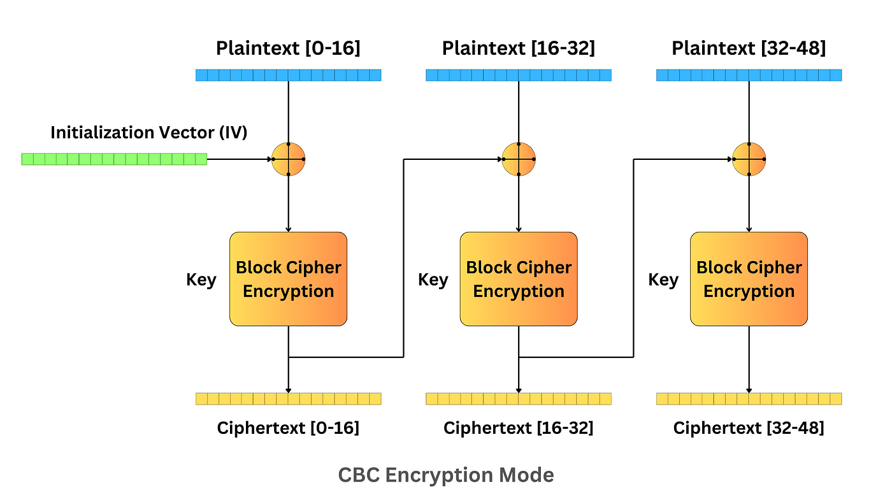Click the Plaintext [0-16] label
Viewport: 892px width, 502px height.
(288, 48)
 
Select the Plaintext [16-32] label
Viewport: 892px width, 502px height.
(519, 48)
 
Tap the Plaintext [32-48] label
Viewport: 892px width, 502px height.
(749, 48)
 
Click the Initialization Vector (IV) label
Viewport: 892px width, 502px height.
(149, 133)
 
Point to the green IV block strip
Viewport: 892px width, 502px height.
(115, 159)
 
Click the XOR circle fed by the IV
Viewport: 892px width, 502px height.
(289, 159)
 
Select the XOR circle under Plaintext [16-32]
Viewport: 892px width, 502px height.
(519, 159)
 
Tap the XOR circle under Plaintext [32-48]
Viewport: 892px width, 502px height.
(749, 159)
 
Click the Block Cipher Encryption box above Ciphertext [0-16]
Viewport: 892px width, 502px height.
(288, 279)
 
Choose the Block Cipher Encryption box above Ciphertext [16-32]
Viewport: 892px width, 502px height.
(519, 279)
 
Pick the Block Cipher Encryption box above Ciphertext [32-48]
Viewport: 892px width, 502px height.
(749, 279)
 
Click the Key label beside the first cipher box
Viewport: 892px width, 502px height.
(201, 280)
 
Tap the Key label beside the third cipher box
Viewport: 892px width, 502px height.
(663, 280)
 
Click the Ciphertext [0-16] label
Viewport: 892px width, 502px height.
(288, 428)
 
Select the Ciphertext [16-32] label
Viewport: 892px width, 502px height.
(519, 428)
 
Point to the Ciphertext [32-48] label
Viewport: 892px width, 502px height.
(749, 428)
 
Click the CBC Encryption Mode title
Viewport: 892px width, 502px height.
(446, 475)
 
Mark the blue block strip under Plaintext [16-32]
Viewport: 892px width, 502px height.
(519, 75)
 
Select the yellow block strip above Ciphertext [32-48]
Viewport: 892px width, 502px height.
(749, 399)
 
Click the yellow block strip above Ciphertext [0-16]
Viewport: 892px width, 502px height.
(288, 399)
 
